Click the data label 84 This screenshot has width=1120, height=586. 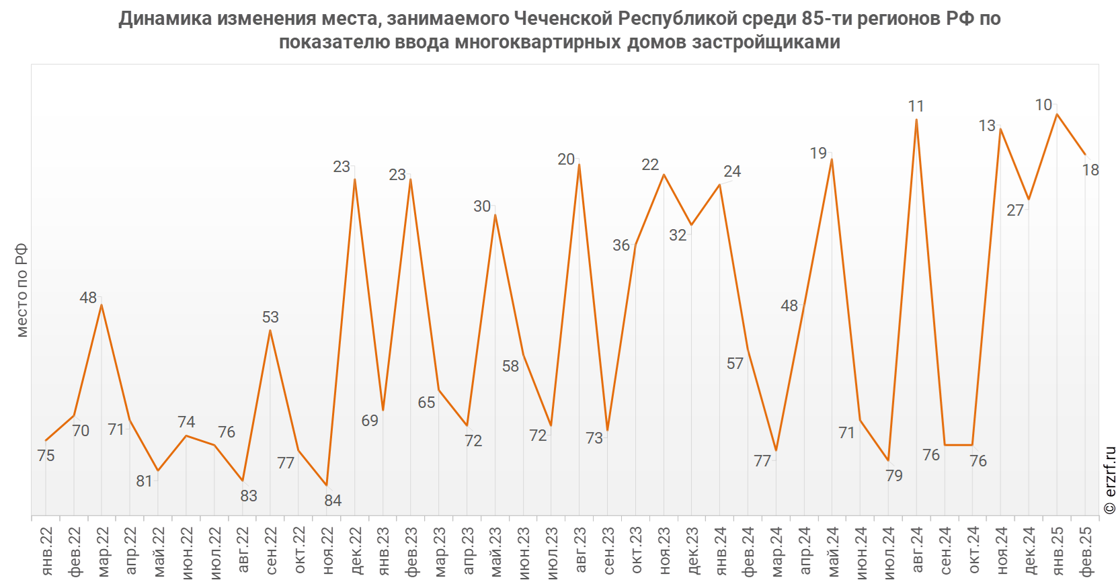[333, 501]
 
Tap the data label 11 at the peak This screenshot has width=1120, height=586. [916, 106]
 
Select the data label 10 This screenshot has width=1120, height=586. [1043, 105]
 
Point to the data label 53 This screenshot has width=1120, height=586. [270, 317]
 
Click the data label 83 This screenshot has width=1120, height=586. [249, 496]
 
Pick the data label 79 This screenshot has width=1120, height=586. [894, 476]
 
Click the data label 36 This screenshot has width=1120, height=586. [621, 245]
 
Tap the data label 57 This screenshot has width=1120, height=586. [735, 364]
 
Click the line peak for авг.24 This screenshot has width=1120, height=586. [916, 120]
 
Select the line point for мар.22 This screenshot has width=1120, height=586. [102, 305]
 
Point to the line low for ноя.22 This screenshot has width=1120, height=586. [327, 485]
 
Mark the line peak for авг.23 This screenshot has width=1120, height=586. [579, 165]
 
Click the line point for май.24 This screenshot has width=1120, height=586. [832, 159]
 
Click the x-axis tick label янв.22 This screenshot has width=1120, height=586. [46, 551]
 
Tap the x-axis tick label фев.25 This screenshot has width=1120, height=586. [1085, 551]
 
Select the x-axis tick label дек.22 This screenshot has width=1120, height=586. [355, 551]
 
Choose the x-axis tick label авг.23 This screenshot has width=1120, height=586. [579, 551]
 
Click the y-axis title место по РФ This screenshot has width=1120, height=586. [22, 290]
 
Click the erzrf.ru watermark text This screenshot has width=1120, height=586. [1109, 480]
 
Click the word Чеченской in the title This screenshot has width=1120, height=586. [564, 19]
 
